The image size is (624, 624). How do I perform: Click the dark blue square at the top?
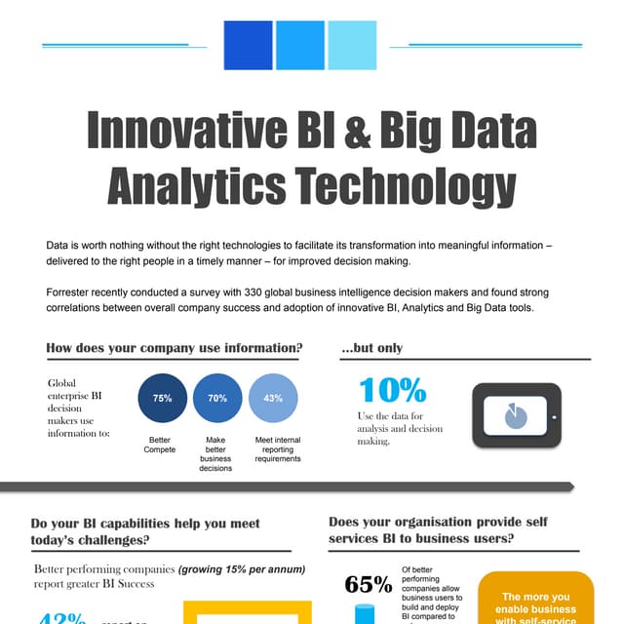point(248,45)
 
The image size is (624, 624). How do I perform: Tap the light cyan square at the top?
point(352,45)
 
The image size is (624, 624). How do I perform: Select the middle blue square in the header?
point(299,45)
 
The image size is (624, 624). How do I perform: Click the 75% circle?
point(163,399)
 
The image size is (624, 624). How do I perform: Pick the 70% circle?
point(217,399)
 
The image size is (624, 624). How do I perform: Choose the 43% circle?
point(273,399)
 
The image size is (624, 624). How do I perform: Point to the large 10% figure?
point(393,390)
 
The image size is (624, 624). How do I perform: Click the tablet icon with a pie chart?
point(516,416)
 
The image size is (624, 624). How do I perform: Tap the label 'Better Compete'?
point(160,445)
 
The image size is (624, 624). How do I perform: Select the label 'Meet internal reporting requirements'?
point(278,449)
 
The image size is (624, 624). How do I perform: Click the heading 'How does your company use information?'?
point(175,348)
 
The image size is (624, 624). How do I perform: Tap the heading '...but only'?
point(371,348)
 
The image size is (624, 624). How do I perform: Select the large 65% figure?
point(369,584)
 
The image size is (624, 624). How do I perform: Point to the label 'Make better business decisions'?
point(215,454)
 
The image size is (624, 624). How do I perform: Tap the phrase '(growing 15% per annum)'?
point(242,568)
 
